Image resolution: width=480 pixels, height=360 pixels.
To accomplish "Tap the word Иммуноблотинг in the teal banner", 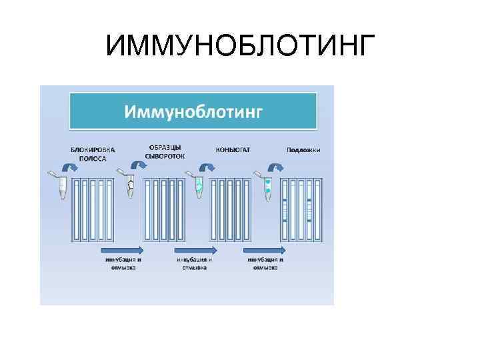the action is [193, 111].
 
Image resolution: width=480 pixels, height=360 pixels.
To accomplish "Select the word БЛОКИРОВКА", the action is [93, 150].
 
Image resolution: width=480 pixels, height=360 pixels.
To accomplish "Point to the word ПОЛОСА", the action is [93, 158].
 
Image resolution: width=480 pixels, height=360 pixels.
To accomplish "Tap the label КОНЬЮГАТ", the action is [233, 150].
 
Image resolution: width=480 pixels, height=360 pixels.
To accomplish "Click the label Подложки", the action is [303, 150].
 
